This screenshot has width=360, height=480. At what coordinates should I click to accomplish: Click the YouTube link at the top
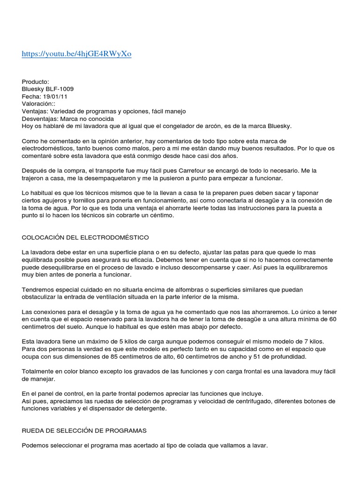coord(76,54)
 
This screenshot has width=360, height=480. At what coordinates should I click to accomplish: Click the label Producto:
coord(35,81)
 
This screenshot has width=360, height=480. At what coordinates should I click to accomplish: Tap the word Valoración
coord(38,104)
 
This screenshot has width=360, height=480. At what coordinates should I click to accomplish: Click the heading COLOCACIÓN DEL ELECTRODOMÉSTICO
coord(85,238)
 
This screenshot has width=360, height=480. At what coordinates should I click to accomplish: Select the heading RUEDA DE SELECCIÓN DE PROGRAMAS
coord(85,430)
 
